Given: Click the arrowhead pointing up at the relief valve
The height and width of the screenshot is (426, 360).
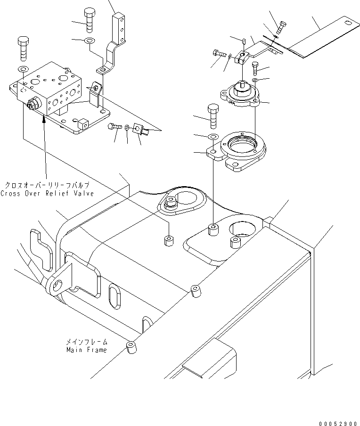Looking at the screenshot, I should click(44, 119).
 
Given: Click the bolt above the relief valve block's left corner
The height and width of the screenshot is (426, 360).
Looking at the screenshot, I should click(22, 47).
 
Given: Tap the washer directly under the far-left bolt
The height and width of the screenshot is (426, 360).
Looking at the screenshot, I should click(22, 70).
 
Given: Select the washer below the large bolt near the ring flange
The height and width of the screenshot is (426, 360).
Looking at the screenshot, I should click(212, 137).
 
